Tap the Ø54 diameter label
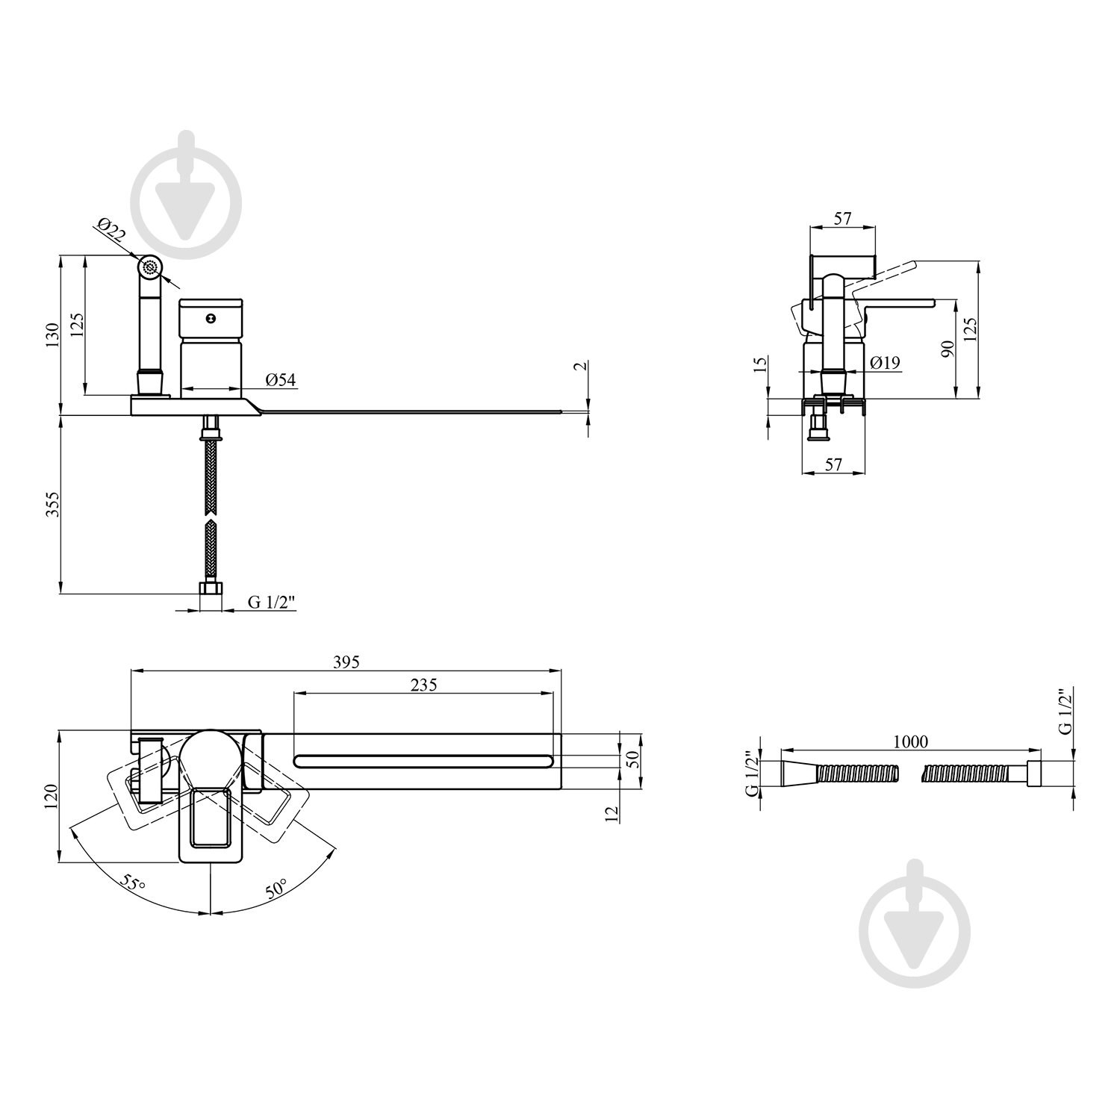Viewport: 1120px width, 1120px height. (x=281, y=380)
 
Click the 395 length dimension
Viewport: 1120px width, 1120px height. (x=346, y=662)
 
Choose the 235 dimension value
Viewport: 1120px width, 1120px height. (x=423, y=684)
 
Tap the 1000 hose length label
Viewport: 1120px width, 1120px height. (x=910, y=741)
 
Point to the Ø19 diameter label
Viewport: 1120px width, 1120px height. (x=885, y=363)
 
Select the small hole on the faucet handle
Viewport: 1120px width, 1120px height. (x=211, y=319)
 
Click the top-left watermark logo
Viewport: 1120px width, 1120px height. (x=187, y=196)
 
